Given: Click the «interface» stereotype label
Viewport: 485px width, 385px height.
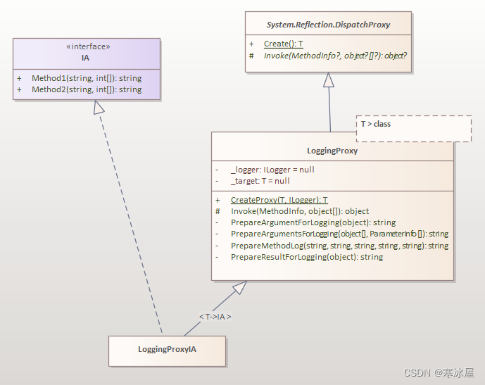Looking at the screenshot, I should tap(87, 46).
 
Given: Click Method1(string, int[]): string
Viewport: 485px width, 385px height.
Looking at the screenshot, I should tap(86, 78).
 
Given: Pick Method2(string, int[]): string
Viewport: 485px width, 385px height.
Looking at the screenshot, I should tap(86, 89).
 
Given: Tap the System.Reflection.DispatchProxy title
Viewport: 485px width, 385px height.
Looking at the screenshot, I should tap(328, 25).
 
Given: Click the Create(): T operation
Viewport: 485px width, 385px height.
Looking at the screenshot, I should tap(283, 44).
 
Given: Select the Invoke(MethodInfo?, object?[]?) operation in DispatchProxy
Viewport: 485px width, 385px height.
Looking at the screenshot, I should tap(335, 55).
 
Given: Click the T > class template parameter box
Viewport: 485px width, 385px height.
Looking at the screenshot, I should tap(413, 128).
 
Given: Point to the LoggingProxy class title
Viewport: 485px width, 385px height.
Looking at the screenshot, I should tap(332, 151).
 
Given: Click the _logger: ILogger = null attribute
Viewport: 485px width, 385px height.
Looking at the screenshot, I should tap(272, 170).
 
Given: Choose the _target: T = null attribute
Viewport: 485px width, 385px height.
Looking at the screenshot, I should tap(260, 181).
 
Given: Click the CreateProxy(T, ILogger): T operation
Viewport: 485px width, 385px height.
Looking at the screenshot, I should tap(279, 200).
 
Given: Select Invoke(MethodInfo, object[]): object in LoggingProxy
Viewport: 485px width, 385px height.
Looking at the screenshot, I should tap(299, 211).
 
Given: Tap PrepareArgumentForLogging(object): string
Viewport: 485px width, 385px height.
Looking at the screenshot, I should tap(313, 222).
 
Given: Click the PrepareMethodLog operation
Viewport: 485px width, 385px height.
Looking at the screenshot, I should tap(339, 246).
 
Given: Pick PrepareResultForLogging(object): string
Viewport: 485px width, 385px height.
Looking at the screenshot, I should tap(306, 257).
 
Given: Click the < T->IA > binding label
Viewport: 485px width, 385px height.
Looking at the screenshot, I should tap(215, 317).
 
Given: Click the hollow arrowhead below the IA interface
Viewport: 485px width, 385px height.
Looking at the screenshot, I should tap(99, 108).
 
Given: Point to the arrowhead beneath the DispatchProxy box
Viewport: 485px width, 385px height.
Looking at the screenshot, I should tap(328, 80).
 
